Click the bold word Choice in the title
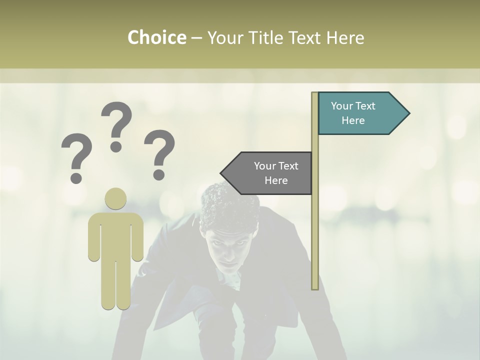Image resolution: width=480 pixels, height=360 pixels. click(x=156, y=37)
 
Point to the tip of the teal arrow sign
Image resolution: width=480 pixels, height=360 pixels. click(x=408, y=113)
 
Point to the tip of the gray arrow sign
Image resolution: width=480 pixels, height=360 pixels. click(x=221, y=173)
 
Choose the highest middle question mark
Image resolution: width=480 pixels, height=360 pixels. click(x=116, y=126)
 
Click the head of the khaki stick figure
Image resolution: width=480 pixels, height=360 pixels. click(x=116, y=199)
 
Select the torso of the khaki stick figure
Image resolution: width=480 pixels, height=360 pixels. click(x=116, y=235)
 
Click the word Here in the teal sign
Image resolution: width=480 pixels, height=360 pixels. click(x=353, y=120)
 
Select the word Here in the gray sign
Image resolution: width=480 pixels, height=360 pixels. click(x=276, y=180)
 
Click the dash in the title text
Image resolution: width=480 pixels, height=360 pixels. click(x=196, y=38)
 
